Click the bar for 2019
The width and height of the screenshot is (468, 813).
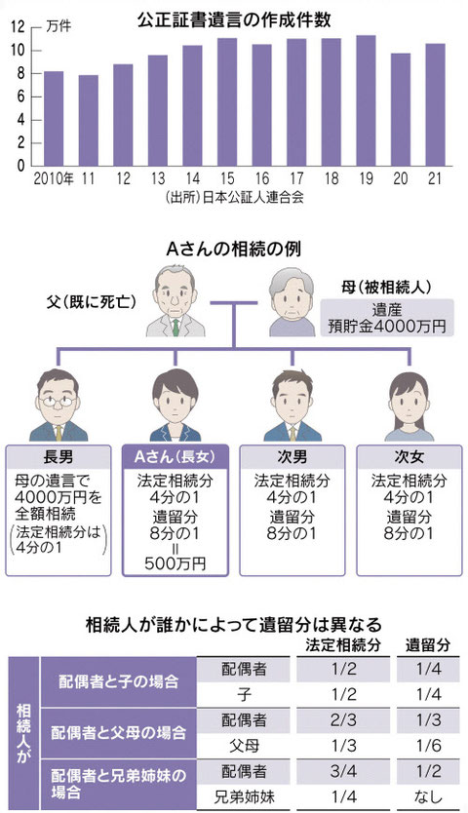click(366, 100)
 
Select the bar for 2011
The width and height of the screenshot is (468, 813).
click(88, 120)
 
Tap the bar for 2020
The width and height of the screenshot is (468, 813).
click(401, 109)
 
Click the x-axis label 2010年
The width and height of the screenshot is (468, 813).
click(54, 179)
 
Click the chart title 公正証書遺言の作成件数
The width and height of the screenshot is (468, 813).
click(234, 19)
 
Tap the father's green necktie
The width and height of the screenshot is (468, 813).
click(175, 328)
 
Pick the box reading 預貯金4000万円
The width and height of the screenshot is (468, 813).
click(387, 319)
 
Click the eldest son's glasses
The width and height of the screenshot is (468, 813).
click(58, 401)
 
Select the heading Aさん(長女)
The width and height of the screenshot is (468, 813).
click(175, 457)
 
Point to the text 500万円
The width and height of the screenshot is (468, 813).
click(175, 563)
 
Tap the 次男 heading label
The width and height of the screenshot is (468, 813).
click(292, 457)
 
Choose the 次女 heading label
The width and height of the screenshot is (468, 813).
click(409, 457)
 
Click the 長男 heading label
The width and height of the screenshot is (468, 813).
click(58, 457)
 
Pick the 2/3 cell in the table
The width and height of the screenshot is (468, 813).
click(343, 720)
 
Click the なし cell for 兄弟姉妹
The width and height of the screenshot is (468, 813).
click(429, 796)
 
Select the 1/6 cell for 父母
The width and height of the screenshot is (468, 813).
click(429, 746)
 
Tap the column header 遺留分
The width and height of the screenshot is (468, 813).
click(428, 645)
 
